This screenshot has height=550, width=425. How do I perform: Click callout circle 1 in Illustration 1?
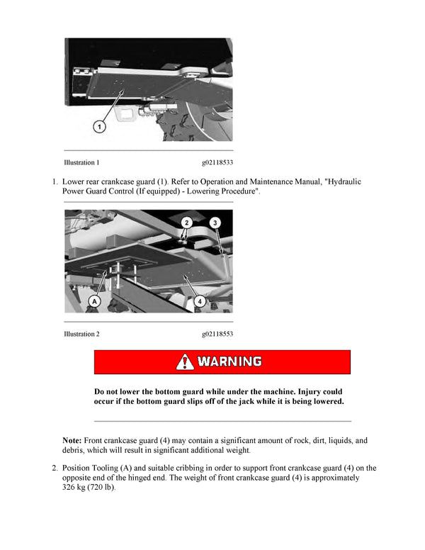click(x=100, y=127)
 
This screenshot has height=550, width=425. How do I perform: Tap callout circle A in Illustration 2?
click(x=94, y=301)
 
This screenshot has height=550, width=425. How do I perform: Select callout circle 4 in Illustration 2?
click(x=200, y=301)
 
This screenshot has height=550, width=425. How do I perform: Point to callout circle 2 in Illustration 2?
click(x=186, y=222)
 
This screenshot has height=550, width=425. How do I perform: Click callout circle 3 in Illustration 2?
click(x=216, y=222)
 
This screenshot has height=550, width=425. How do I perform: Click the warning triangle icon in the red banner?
click(x=185, y=361)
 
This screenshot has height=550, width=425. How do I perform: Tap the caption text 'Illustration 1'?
click(x=81, y=162)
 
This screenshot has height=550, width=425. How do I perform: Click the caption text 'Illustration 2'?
click(x=81, y=334)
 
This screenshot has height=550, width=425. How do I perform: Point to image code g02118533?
click(x=217, y=162)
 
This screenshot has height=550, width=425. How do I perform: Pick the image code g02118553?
click(x=217, y=334)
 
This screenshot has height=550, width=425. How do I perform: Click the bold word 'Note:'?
click(x=72, y=440)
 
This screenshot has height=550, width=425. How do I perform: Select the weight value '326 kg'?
click(x=76, y=488)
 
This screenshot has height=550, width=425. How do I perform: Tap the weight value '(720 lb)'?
click(x=106, y=488)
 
